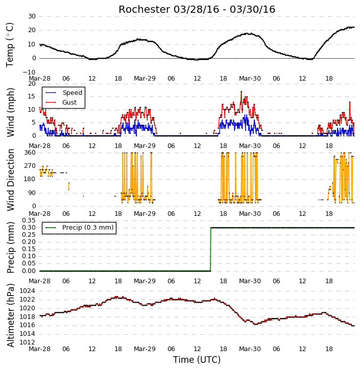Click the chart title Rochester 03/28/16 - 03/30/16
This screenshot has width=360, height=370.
[x=197, y=9]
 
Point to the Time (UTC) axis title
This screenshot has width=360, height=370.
[x=197, y=360]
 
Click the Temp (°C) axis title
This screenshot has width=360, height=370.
[x=10, y=45]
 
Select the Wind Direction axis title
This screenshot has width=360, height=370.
[x=11, y=180]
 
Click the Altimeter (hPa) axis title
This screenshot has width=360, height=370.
[x=11, y=315]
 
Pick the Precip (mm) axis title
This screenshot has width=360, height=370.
[x=11, y=248]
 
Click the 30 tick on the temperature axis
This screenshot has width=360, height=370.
[x=32, y=16]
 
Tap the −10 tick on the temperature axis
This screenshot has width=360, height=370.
[x=29, y=72]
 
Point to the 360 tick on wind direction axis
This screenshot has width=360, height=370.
[x=30, y=153]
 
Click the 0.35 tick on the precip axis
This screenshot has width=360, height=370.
[x=29, y=220]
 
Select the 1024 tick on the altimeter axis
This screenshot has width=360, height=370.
[x=27, y=291]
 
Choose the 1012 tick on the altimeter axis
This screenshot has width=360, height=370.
[x=27, y=342]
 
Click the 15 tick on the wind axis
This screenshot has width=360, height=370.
[x=32, y=96]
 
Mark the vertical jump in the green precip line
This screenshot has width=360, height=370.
[x=210, y=249]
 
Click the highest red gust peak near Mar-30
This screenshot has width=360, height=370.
[x=241, y=91]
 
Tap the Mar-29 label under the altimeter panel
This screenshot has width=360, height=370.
[x=145, y=349]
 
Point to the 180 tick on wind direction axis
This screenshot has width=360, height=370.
[x=30, y=179]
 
